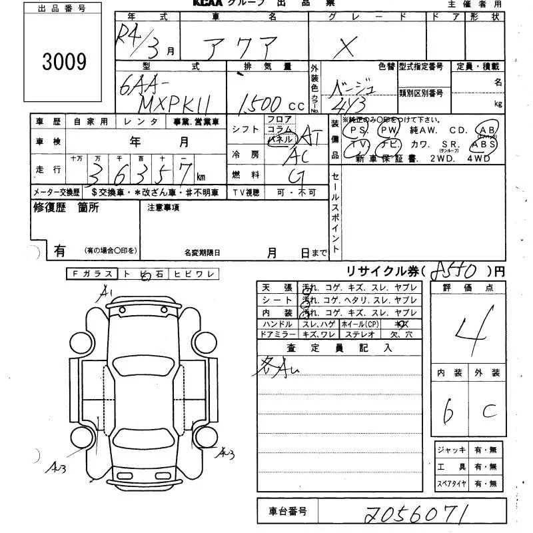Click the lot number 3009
[x=64, y=62]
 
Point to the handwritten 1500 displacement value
[x=260, y=103]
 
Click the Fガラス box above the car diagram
[x=91, y=274]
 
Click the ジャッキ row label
[x=450, y=450]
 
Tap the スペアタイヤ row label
[x=450, y=484]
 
